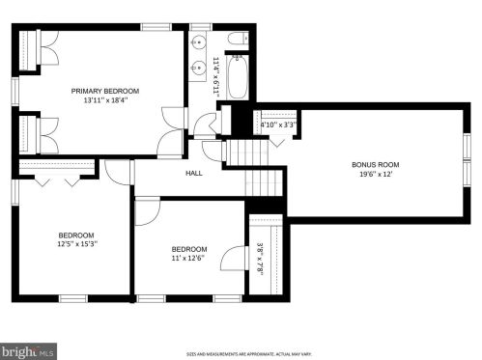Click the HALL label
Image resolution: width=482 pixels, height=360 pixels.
coord(193,174)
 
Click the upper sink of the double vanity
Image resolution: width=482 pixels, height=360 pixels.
coord(199,43)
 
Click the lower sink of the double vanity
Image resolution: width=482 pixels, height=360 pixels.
coord(199,67)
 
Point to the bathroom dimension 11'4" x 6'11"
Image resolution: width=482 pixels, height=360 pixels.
coord(216,73)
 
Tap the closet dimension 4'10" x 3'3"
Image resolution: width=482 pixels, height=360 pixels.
coord(278,125)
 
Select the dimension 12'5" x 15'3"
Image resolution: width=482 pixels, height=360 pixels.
coord(75,245)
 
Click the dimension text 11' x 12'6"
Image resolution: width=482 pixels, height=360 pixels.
coord(188,256)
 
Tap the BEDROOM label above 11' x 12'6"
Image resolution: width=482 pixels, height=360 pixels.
coord(188,246)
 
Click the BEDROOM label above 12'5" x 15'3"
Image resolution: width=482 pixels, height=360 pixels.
coord(75,235)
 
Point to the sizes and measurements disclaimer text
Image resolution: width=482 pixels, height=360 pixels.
coord(241,353)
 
